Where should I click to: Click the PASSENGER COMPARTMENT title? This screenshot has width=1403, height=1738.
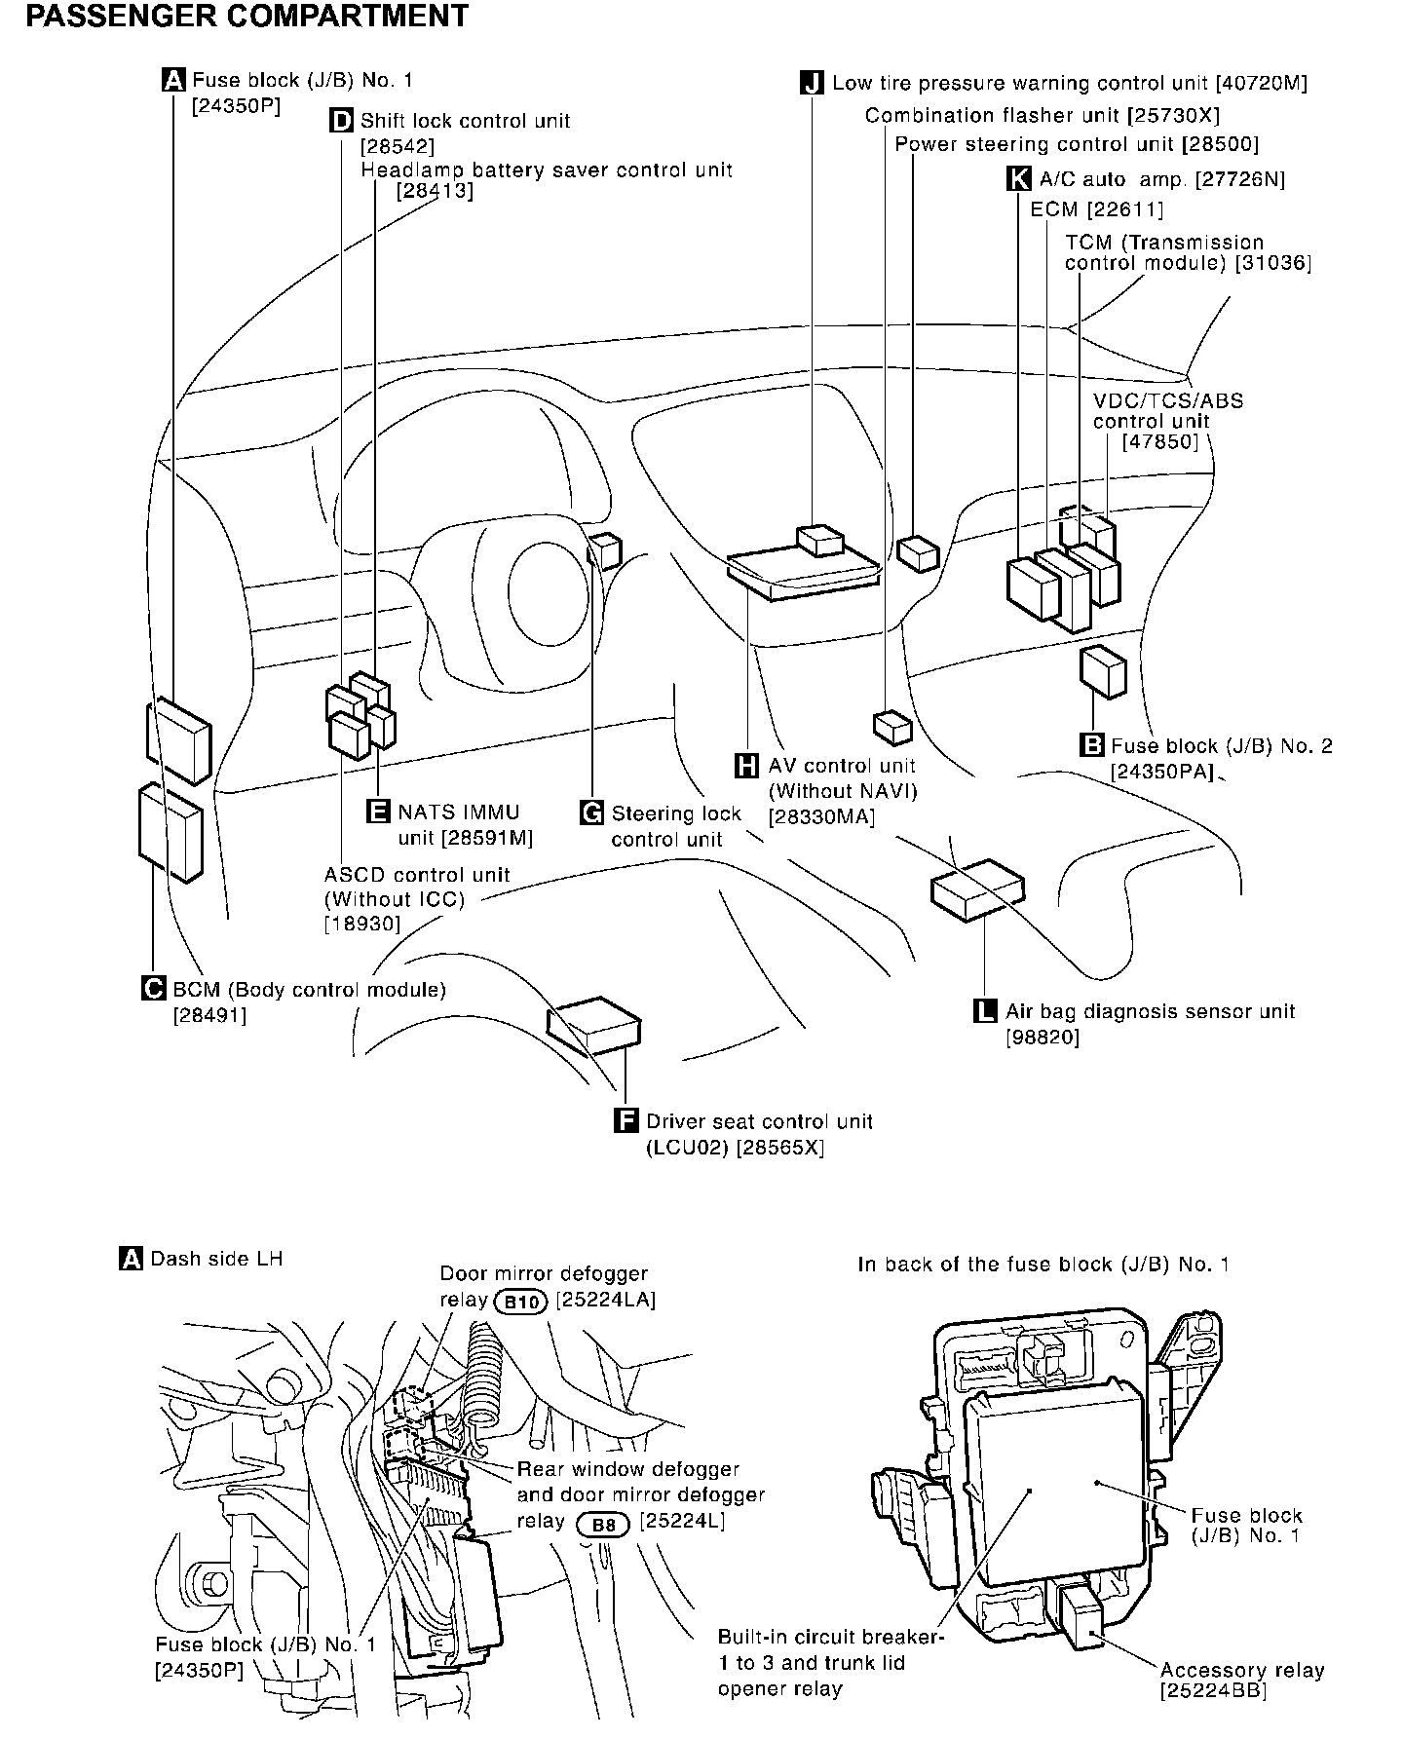point(246,17)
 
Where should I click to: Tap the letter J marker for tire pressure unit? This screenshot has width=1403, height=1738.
point(812,83)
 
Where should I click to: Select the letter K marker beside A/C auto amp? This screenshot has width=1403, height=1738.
point(1017,178)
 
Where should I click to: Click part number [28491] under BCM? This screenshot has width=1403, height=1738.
point(210,1014)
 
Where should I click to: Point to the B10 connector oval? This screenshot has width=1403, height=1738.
point(521,1301)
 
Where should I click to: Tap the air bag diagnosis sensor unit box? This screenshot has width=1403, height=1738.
point(977,888)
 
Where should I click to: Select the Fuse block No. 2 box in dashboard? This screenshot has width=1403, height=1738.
point(1103,671)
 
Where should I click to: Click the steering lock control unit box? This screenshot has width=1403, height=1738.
point(605,550)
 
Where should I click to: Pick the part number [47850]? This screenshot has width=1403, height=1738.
point(1159,441)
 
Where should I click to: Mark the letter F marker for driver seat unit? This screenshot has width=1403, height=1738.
point(626,1121)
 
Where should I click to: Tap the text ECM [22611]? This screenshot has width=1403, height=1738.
point(1096,209)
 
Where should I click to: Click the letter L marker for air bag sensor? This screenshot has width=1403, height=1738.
point(986,1011)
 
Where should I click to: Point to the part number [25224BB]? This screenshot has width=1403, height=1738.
point(1213,1691)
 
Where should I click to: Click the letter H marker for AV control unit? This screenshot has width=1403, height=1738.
point(746,766)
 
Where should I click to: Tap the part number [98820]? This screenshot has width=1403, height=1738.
point(1043,1037)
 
